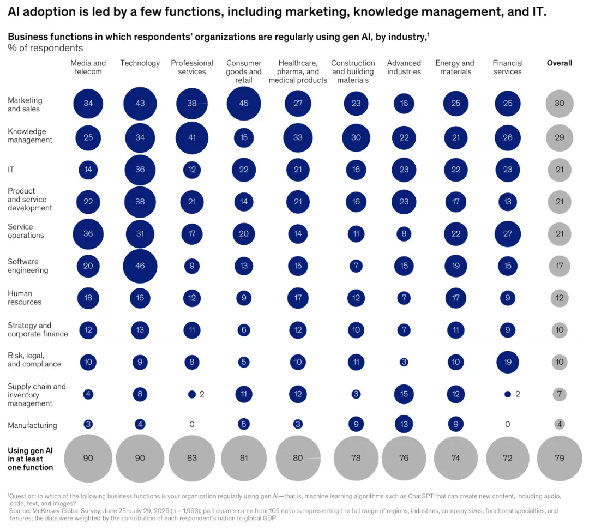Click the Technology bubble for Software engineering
pyautogui.click(x=140, y=266)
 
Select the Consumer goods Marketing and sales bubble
pyautogui.click(x=244, y=103)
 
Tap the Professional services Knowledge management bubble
pyautogui.click(x=192, y=138)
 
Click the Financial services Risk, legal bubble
pyautogui.click(x=508, y=362)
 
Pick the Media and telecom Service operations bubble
pyautogui.click(x=88, y=234)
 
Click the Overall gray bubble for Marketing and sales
pyautogui.click(x=560, y=103)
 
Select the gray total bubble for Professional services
pyautogui.click(x=192, y=458)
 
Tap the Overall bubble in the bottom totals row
pyautogui.click(x=560, y=458)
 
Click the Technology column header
pyautogui.click(x=140, y=63)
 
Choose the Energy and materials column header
pyautogui.click(x=455, y=67)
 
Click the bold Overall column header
pyautogui.click(x=560, y=63)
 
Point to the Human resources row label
pyautogui.click(x=25, y=298)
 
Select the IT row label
pyautogui.click(x=11, y=170)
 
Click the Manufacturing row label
pyautogui.click(x=32, y=425)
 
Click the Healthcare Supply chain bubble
pyautogui.click(x=298, y=394)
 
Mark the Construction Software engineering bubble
pyautogui.click(x=356, y=266)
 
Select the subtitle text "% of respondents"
pyautogui.click(x=45, y=48)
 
